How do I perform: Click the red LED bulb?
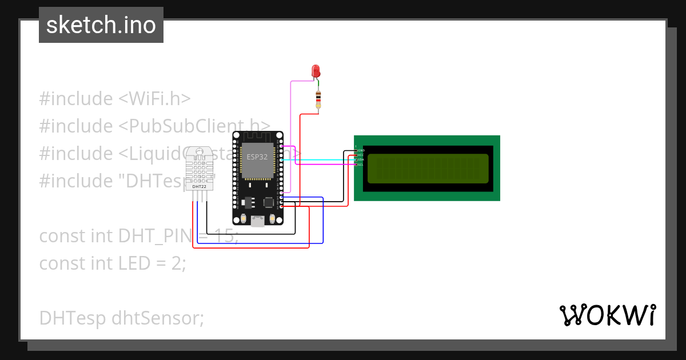pos(316,71)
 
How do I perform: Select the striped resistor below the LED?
pos(318,99)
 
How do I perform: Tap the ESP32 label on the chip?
pos(257,156)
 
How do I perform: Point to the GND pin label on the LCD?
pos(361,150)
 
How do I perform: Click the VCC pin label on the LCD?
pos(361,155)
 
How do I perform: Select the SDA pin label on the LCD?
pos(361,160)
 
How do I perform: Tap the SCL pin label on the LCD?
pos(361,165)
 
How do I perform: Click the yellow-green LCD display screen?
pos(428,169)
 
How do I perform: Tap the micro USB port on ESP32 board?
pos(258,221)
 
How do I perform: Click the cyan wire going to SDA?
pos(320,160)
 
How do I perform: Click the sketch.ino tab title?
pos(101,25)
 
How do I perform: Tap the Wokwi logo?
pos(607,315)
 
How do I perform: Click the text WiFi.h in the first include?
pos(153,99)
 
